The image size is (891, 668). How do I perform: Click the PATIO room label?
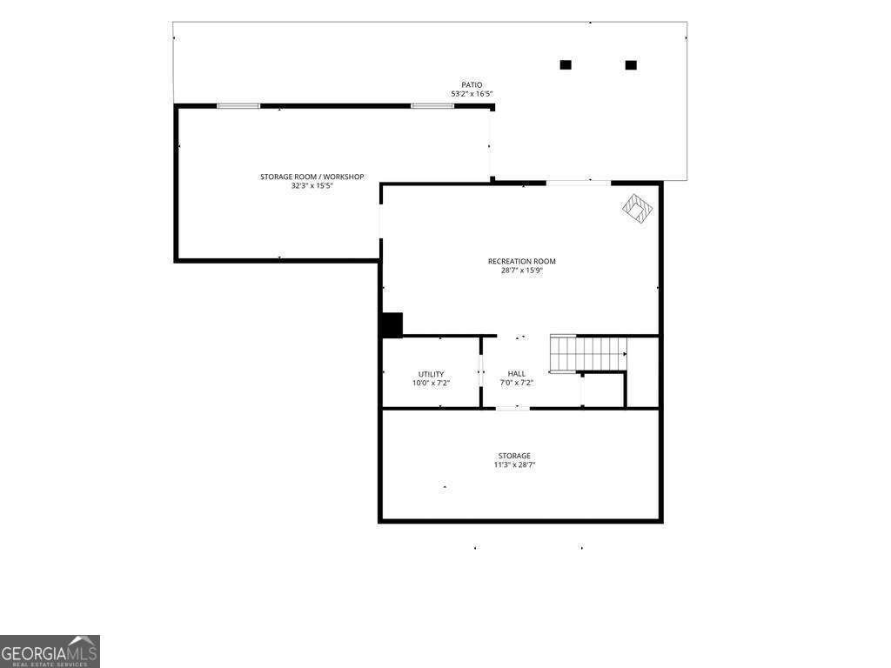point(472,84)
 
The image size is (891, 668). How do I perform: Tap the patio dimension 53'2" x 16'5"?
point(472,94)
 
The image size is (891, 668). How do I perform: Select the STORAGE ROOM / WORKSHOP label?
point(312,177)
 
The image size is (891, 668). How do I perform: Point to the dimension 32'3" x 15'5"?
point(312,186)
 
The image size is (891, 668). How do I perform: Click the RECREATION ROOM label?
point(521,261)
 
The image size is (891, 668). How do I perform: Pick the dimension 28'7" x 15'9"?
point(521,271)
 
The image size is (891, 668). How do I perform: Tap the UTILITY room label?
point(431,374)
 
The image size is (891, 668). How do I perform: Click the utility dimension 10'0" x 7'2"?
point(431,384)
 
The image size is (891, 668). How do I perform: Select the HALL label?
point(517,374)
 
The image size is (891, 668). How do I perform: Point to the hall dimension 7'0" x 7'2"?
point(517,384)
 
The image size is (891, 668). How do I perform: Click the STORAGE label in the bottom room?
point(514,456)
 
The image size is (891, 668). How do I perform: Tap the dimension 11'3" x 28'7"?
point(514,465)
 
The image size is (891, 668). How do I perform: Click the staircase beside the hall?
point(588,353)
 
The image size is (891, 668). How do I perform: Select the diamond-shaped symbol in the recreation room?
point(637,209)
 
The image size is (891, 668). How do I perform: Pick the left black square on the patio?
point(566,64)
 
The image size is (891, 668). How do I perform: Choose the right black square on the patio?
point(631,64)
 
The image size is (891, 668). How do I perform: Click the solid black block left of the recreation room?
point(392,324)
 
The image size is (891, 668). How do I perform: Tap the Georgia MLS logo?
point(50,651)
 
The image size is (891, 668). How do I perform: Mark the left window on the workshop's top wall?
point(238,106)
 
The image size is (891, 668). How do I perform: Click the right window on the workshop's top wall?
point(432,106)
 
